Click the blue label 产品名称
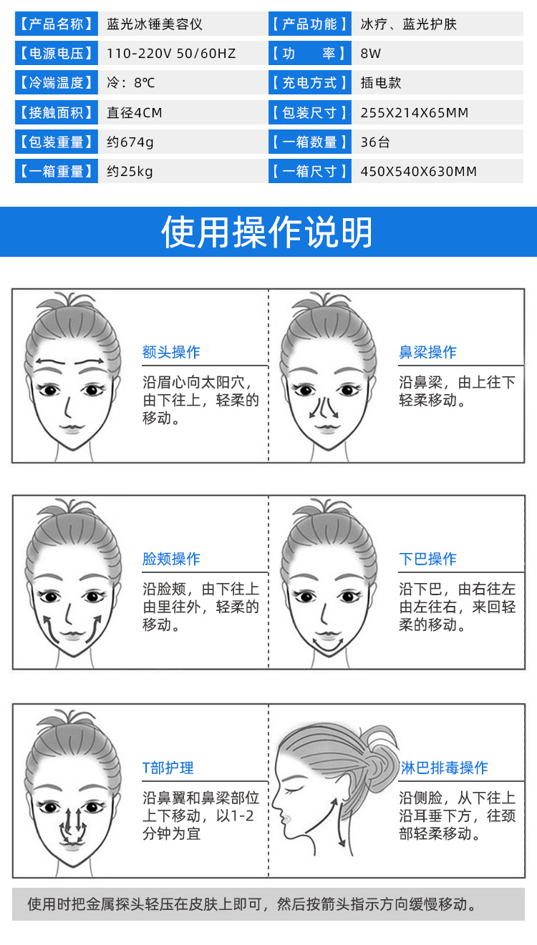click(56, 24)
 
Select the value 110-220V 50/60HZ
click(171, 53)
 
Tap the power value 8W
click(370, 53)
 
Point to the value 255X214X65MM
click(415, 112)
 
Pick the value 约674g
click(130, 142)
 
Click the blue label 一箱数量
click(309, 142)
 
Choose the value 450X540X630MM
click(419, 171)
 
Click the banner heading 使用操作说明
click(268, 232)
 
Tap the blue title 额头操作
click(171, 352)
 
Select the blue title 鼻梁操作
click(427, 352)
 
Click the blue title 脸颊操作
click(171, 559)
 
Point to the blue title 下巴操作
click(427, 559)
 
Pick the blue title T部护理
click(168, 768)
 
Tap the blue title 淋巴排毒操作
click(443, 768)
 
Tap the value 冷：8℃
click(130, 83)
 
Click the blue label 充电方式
click(309, 83)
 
